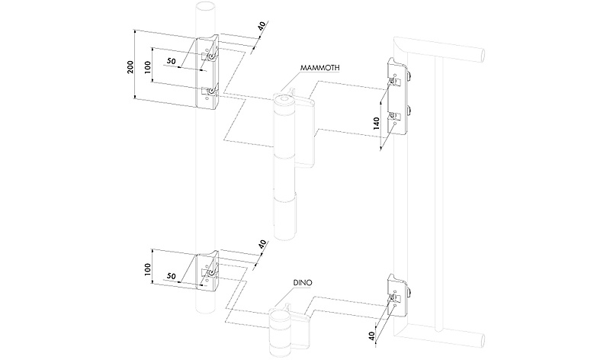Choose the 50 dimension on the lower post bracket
(x=171, y=275)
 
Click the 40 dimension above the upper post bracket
(x=262, y=26)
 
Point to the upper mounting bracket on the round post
(x=207, y=72)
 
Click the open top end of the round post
(x=205, y=5)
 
